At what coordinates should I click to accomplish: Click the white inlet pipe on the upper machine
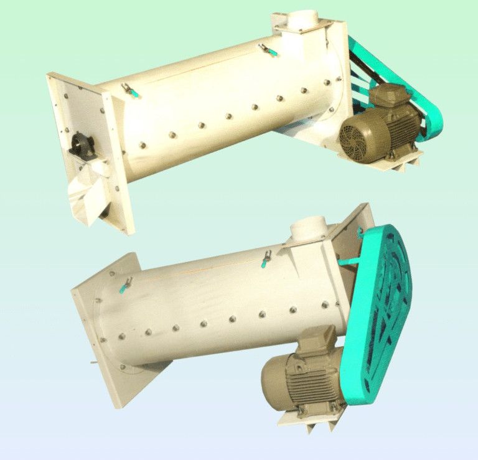pyautogui.click(x=304, y=19)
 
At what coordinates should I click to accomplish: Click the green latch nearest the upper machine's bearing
pyautogui.click(x=131, y=91)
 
